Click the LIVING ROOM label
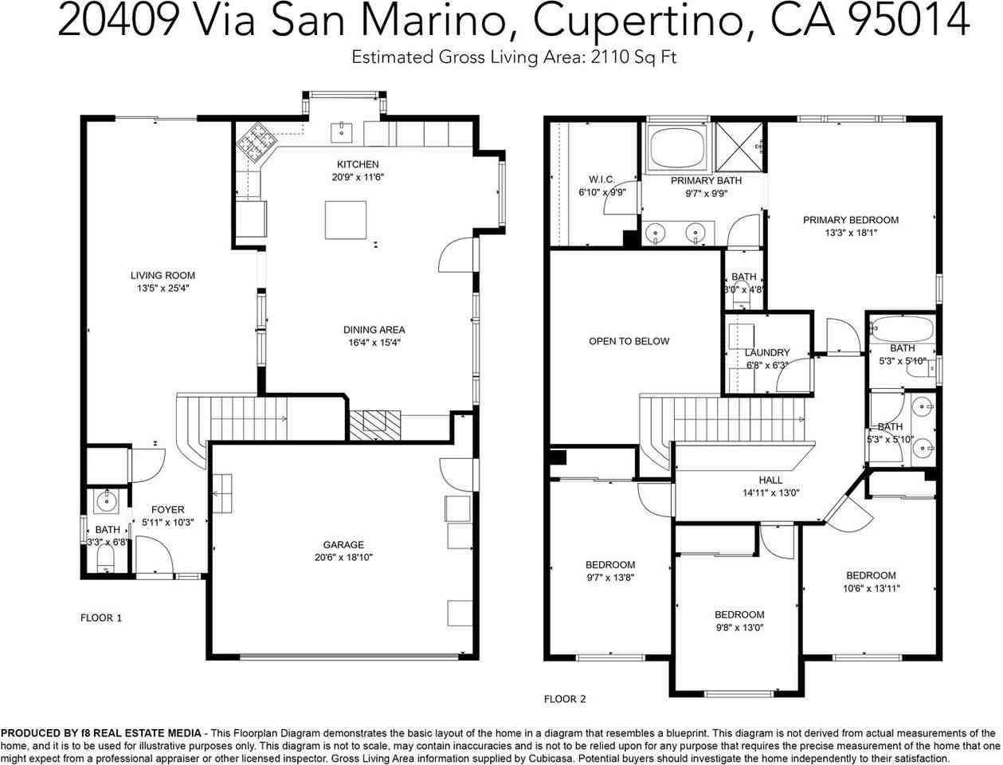[x=163, y=276]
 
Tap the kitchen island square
[x=346, y=220]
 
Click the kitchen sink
[x=341, y=132]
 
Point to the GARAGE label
[x=343, y=545]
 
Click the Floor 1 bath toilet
[x=105, y=560]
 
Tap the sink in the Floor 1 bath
[x=107, y=502]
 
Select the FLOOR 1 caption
[x=101, y=618]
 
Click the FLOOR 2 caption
[x=564, y=699]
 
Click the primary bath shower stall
[x=739, y=147]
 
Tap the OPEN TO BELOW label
[x=629, y=341]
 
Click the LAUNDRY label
[x=767, y=352]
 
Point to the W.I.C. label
[x=601, y=179]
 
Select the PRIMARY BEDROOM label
[x=851, y=220]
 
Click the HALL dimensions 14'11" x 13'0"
[x=771, y=492]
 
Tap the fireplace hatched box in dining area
[x=375, y=425]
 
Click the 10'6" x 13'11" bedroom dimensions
[x=871, y=588]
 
